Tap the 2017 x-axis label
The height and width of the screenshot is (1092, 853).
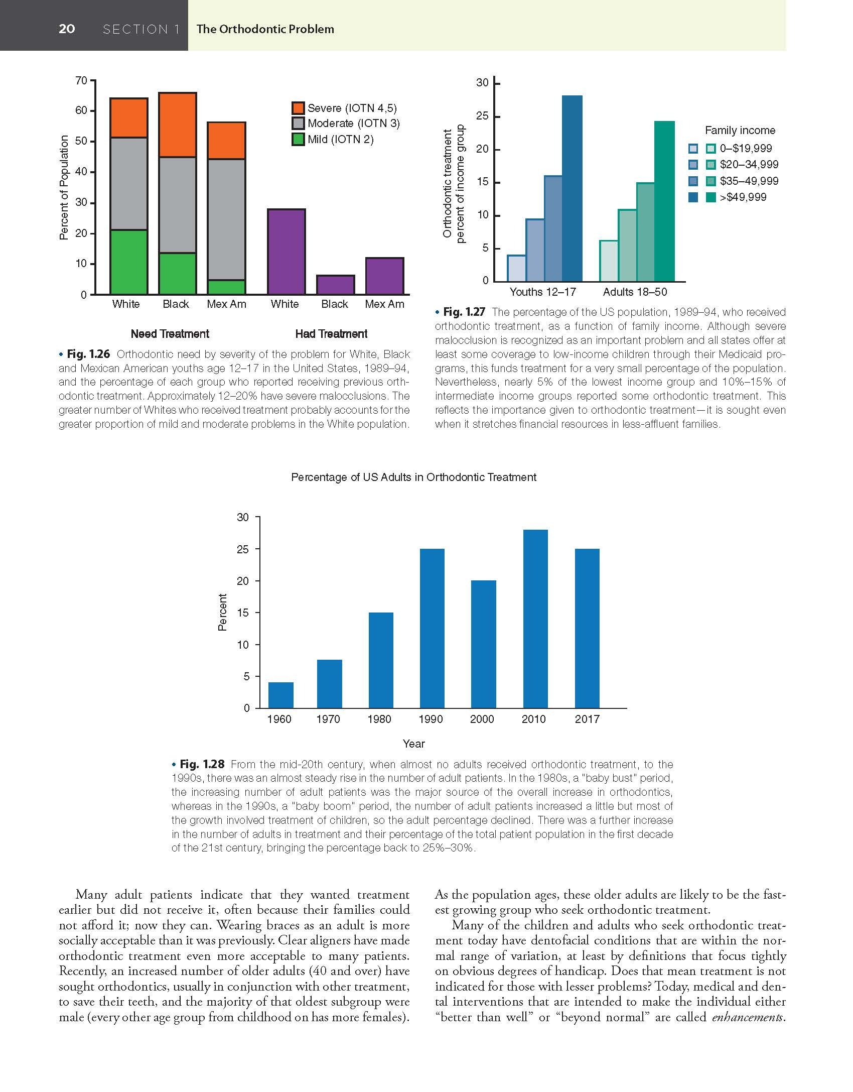587,719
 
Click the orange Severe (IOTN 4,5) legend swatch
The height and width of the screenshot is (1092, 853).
298,108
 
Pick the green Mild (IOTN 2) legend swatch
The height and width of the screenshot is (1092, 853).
298,139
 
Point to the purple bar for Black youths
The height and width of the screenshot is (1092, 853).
335,285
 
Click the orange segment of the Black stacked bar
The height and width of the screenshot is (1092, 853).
177,125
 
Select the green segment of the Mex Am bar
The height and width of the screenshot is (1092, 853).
226,287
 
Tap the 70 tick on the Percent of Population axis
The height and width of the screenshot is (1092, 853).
81,80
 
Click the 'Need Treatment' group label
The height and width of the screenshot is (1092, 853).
170,334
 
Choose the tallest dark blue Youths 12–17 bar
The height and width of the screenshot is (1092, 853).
572,188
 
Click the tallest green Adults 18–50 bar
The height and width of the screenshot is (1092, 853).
664,201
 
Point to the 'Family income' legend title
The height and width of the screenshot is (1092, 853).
740,131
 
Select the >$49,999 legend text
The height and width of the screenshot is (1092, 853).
743,197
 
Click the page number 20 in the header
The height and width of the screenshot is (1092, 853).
67,29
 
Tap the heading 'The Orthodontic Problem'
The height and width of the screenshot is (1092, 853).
265,29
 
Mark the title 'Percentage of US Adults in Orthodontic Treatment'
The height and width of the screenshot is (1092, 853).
413,477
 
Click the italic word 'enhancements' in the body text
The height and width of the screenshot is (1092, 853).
747,1017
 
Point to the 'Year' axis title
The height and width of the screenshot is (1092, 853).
413,744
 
